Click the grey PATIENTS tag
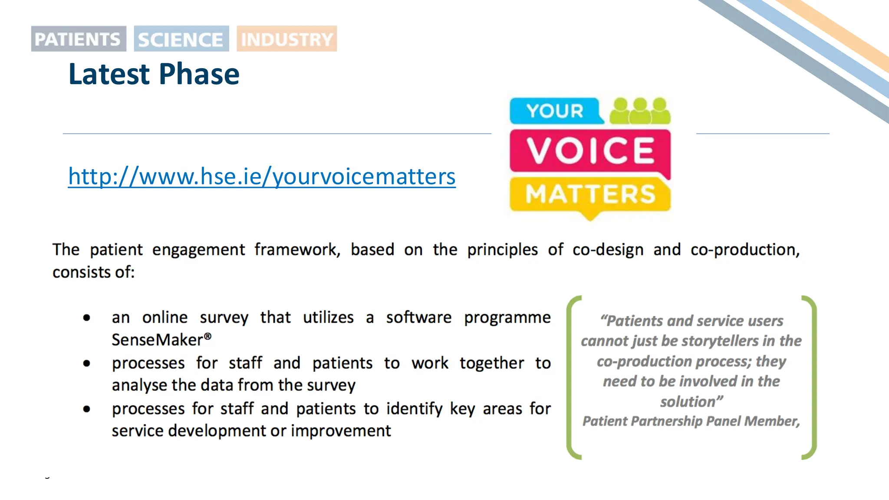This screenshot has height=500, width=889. tap(79, 39)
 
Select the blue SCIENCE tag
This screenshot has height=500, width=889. tap(181, 39)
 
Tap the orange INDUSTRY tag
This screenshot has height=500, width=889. tap(286, 39)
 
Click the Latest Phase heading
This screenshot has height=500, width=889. tap(154, 74)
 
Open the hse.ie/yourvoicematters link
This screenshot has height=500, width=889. tap(262, 176)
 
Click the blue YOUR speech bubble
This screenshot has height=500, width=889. tap(555, 111)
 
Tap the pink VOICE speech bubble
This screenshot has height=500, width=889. tap(590, 151)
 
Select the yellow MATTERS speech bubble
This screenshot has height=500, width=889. tap(590, 194)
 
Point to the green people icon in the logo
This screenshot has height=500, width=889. tap(640, 111)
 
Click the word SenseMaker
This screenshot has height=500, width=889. tap(157, 340)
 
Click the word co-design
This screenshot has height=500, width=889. tap(608, 250)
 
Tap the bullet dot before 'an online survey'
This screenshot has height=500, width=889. tap(87, 318)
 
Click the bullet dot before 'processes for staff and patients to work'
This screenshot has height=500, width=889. tap(87, 363)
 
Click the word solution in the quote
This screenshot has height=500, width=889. tap(688, 402)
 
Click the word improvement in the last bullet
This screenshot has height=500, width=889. tap(341, 431)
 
